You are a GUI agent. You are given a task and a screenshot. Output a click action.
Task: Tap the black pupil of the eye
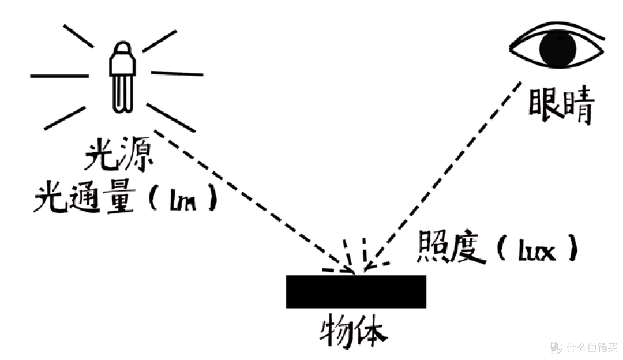click(557, 48)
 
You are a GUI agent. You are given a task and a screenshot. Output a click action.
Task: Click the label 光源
click(119, 154)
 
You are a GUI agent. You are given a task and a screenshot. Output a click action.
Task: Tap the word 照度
click(451, 246)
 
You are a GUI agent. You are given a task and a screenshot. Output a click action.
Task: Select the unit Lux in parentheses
click(537, 250)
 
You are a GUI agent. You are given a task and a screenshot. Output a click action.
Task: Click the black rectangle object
click(355, 291)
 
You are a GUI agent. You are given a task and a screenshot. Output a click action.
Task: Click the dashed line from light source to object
click(254, 202)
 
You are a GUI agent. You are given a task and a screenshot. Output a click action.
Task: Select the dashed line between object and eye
click(442, 175)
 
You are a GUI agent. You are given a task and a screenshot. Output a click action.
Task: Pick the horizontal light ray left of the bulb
click(59, 76)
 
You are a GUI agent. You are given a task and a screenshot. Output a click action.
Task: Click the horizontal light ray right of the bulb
click(177, 73)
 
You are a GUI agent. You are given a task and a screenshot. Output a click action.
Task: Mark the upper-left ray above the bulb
click(78, 36)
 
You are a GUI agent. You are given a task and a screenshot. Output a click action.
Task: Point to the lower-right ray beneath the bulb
click(171, 118)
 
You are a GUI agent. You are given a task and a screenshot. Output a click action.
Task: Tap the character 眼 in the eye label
click(543, 103)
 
